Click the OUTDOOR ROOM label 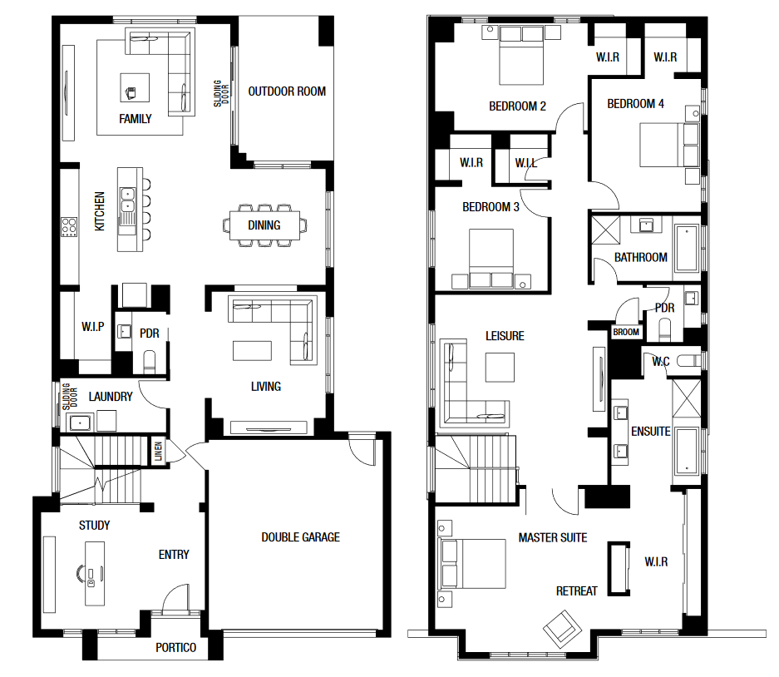tap(287, 91)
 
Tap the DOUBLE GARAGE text tap(301, 537)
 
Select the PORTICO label tap(176, 648)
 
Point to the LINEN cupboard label tap(159, 452)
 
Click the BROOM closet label tap(625, 332)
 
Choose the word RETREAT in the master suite tap(576, 591)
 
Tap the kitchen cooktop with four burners tap(69, 227)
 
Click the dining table tap(265, 225)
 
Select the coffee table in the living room tap(253, 350)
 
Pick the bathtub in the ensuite tap(686, 450)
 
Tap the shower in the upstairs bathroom tap(605, 230)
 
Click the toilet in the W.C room tap(689, 360)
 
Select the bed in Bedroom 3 tap(491, 259)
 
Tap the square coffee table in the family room tap(135, 88)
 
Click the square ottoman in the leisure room tap(500, 368)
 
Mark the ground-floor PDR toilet tap(150, 361)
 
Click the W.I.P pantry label tap(93, 327)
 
